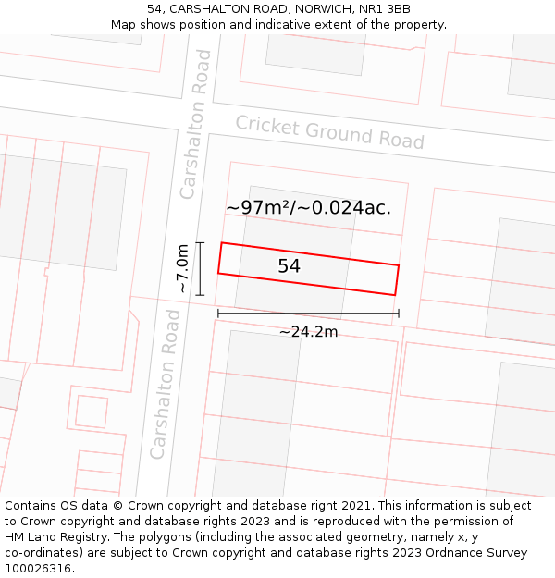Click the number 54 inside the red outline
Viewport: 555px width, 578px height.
(x=289, y=266)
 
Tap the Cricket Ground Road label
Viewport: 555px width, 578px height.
(x=329, y=131)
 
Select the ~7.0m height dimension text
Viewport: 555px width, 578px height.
(x=183, y=268)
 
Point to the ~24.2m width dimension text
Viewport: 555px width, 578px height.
(x=308, y=332)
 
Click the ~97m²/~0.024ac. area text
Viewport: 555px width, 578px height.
(x=308, y=208)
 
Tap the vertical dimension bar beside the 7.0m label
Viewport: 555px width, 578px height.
(x=200, y=268)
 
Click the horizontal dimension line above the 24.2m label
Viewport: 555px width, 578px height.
(x=308, y=314)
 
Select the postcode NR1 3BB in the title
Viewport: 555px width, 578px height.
(x=386, y=9)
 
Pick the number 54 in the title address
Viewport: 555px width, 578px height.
(x=154, y=9)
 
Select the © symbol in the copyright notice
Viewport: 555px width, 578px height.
(x=117, y=506)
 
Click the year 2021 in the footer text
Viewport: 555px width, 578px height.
(x=358, y=506)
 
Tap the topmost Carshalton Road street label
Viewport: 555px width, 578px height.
(x=196, y=124)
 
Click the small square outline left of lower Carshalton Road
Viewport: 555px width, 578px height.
(x=92, y=411)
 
